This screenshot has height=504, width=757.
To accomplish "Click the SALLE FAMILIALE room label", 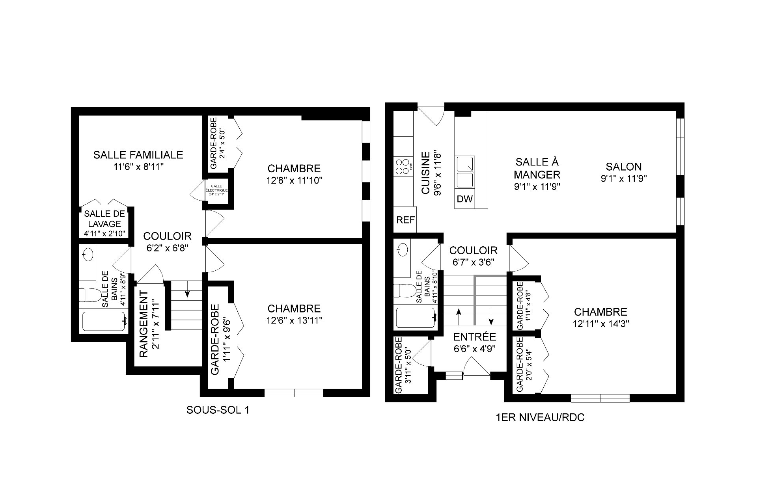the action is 138,154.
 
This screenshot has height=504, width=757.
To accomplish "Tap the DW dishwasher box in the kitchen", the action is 465,199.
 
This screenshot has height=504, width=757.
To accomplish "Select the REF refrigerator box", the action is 405,219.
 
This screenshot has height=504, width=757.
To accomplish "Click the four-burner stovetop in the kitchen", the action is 403,167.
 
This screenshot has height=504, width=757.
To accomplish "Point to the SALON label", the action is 624,167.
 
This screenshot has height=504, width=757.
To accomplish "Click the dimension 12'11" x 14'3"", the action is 600,324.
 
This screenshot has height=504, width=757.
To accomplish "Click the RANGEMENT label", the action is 144,324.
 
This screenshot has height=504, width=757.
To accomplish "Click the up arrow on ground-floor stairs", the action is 459,316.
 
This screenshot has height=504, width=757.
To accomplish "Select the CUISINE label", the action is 426,173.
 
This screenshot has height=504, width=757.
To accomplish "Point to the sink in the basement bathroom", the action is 88,253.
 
